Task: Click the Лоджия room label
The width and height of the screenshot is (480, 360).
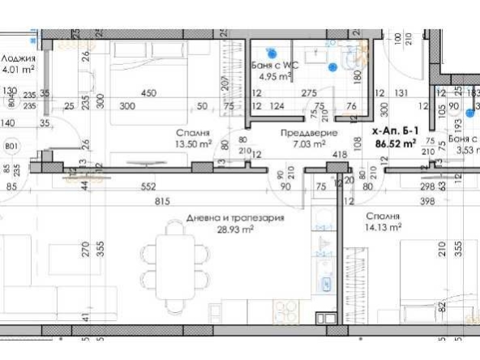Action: point(17,58)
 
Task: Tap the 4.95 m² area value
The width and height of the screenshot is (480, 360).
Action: point(273,78)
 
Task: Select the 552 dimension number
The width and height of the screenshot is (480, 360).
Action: point(148,186)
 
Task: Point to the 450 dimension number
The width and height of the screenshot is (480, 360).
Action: point(149,93)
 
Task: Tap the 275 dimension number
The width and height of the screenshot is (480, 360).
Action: point(309,94)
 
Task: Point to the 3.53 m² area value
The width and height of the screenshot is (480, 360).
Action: point(464,149)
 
